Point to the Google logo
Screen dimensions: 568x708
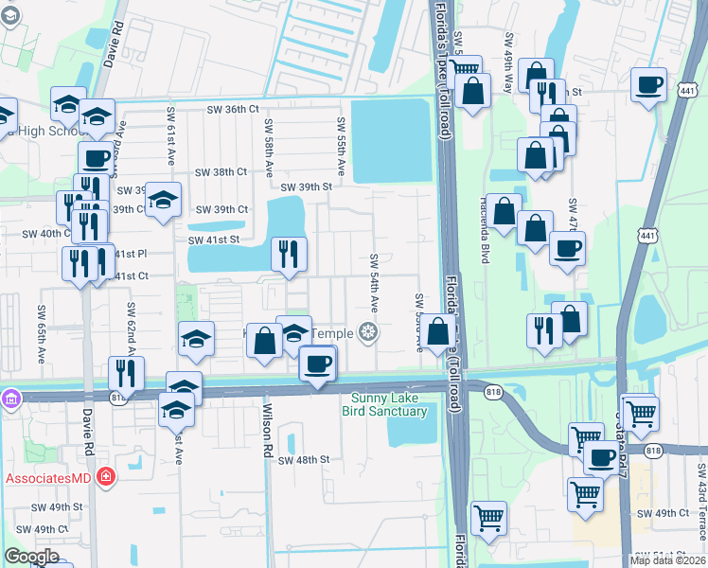31,556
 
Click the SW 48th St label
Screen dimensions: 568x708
303,459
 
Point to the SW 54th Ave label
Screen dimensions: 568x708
374,285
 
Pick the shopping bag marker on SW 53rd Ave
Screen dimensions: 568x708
438,332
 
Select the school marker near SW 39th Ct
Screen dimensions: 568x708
163,200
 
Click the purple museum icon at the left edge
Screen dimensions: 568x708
9,398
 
